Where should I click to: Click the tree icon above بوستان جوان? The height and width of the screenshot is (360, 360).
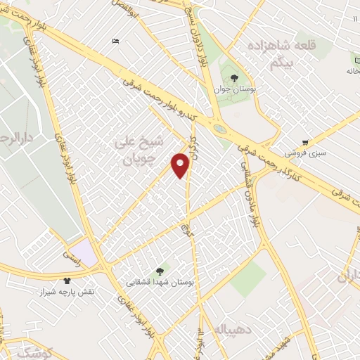(233, 78)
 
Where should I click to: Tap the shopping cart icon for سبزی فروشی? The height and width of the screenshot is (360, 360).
(305, 141)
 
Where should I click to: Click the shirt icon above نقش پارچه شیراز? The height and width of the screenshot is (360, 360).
(67, 280)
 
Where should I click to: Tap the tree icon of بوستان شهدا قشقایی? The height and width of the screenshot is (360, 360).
(161, 270)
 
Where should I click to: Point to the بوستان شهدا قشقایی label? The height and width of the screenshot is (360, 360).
(160, 282)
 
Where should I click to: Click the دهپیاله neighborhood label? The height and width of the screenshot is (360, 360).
(228, 329)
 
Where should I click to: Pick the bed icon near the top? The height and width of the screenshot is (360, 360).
(115, 41)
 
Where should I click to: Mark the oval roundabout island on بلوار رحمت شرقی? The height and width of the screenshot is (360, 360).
(221, 129)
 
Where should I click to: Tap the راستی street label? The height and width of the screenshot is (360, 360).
(73, 262)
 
